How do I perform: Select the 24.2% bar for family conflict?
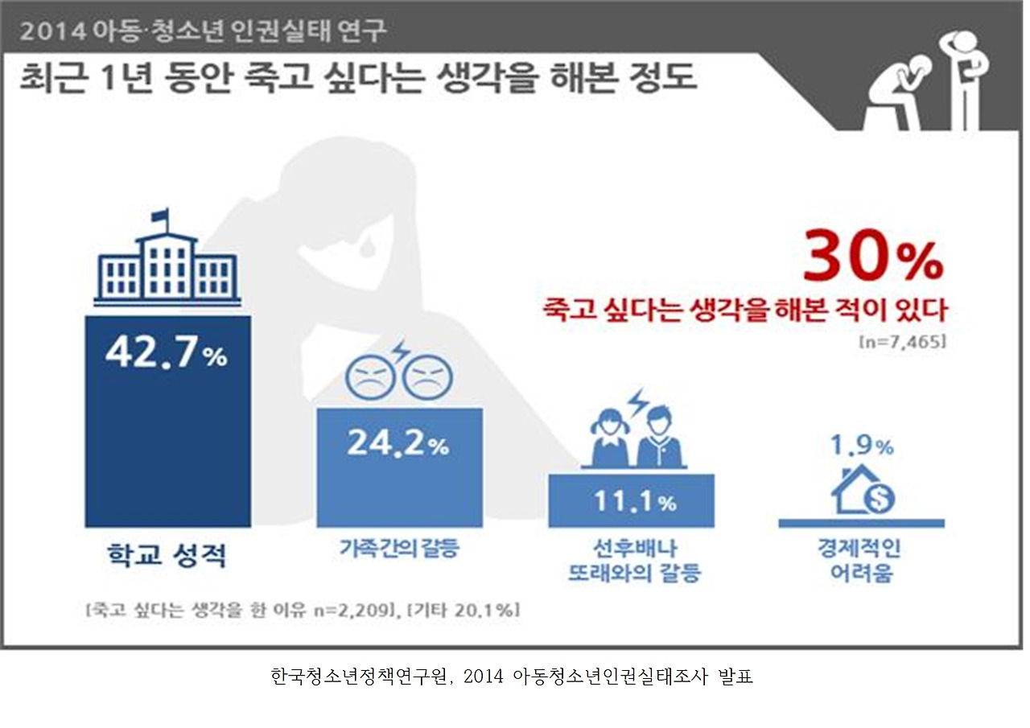pos(399,467)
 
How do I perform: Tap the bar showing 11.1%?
pos(631,500)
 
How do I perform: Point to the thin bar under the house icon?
pos(861,523)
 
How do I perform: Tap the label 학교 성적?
pos(167,555)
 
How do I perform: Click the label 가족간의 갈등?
pos(399,551)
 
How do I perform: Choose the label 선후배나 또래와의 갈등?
pos(634,561)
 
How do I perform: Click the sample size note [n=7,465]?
pos(901,341)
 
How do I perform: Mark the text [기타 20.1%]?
pos(463,610)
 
